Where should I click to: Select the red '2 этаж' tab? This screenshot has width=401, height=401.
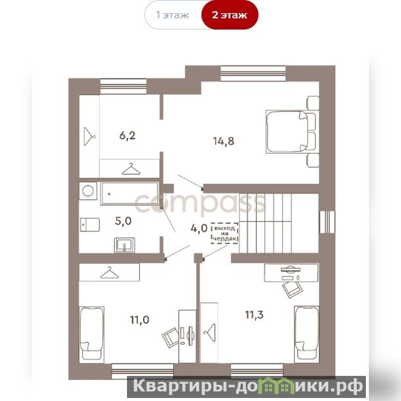pos(230,15)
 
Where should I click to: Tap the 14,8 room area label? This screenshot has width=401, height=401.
pos(224,141)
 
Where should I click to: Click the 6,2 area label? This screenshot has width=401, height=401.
pos(127,136)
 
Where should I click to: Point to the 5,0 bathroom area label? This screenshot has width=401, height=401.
pos(123,221)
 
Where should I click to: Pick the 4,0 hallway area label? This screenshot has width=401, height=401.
pos(199,228)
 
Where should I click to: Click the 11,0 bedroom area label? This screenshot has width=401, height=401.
pos(140,320)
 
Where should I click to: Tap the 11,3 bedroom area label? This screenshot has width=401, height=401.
pos(254,315)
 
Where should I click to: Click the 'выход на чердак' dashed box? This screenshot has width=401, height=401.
pos(224,233)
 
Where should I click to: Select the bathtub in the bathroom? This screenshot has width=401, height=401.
pos(129,193)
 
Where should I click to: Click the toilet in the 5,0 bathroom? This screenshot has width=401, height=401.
pos(90,224)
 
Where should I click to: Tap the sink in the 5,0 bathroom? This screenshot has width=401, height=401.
pos(124,245)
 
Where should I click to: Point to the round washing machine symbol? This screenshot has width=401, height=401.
pos(88,191)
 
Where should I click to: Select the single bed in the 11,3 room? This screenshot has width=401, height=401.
pos(307,334)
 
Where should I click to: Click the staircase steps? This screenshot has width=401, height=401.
pos(265,223)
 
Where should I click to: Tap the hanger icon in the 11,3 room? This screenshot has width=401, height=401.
pos(210,332)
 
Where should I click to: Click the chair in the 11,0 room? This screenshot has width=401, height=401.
pos(170,337)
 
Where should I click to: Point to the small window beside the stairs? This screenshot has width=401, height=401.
pos(327,222)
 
